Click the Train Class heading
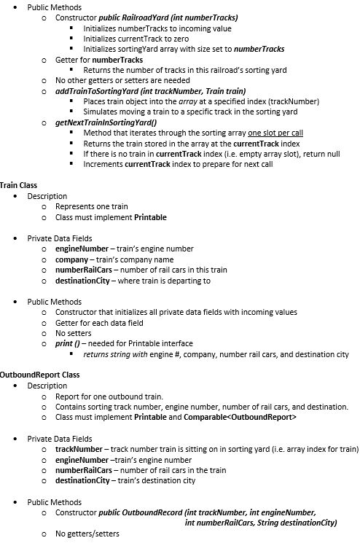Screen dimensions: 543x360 pos(18,186)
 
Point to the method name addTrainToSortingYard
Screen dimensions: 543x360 pos(99,91)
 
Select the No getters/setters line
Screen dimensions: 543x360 pos(86,534)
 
